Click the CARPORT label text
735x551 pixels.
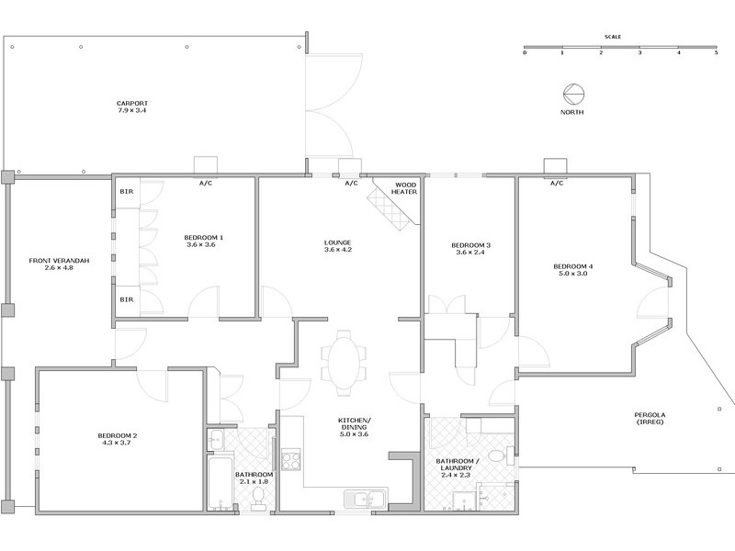(132, 102)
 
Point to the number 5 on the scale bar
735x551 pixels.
(717, 53)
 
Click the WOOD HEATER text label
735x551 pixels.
(405, 187)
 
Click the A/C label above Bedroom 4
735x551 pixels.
(556, 183)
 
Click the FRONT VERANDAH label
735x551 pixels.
(59, 261)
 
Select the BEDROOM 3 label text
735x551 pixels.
(470, 245)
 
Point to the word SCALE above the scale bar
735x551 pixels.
(613, 37)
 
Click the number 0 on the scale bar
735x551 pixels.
(525, 53)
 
